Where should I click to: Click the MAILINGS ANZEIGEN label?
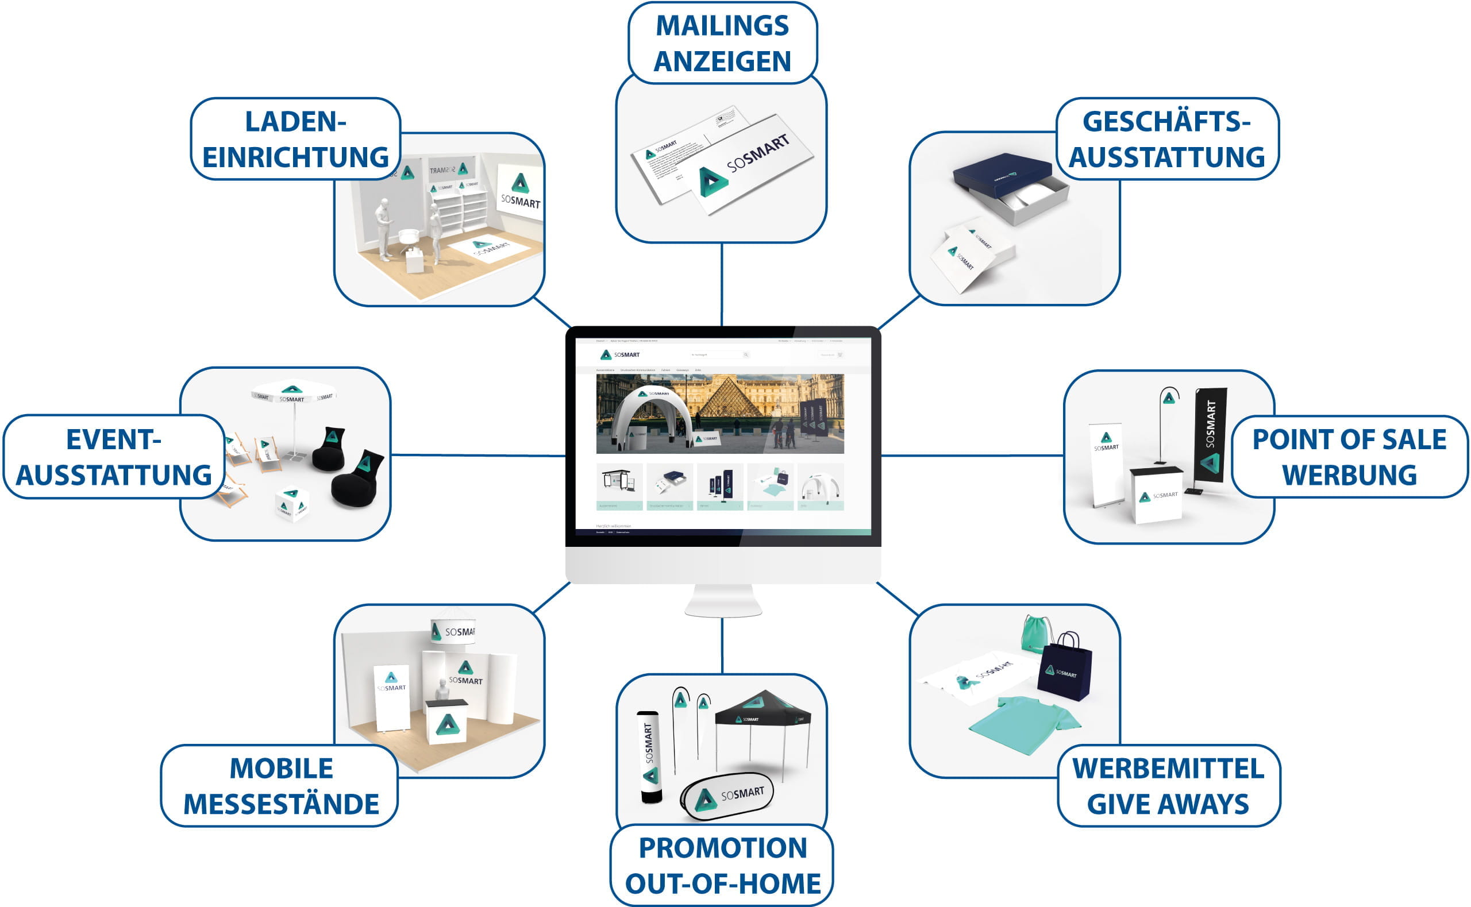[x=722, y=43]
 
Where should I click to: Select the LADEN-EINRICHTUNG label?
[x=295, y=139]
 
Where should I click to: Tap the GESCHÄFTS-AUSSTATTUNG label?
[x=1167, y=139]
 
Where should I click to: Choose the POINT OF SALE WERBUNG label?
[x=1349, y=457]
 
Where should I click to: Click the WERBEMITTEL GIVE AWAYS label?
[x=1168, y=786]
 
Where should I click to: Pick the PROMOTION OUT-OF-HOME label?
[x=722, y=866]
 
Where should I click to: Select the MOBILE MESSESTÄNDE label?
[x=281, y=786]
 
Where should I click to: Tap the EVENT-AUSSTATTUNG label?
[x=113, y=457]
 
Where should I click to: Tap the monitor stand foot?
[x=723, y=603]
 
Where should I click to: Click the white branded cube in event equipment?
[x=291, y=503]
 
